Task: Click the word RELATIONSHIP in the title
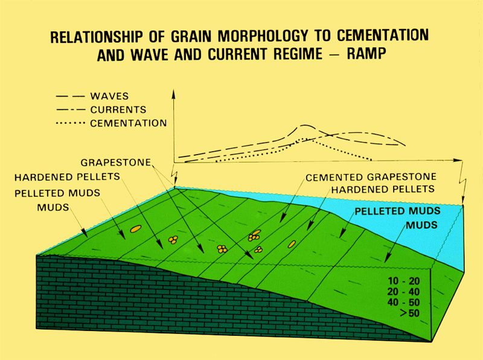coord(97,37)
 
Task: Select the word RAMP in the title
coord(366,54)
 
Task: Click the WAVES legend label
coord(109,96)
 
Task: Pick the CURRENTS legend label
coord(118,110)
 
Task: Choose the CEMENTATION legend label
coord(129,123)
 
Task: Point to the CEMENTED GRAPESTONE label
coord(371,177)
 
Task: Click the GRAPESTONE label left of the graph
coord(116,162)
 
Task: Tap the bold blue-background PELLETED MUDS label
coord(397,211)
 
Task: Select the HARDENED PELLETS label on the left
coord(67,177)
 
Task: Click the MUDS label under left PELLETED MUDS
coord(53,207)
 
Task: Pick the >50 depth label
coord(410,313)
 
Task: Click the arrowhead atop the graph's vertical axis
coord(174,94)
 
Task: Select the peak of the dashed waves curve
coord(304,125)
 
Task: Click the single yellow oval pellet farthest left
coord(136,229)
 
